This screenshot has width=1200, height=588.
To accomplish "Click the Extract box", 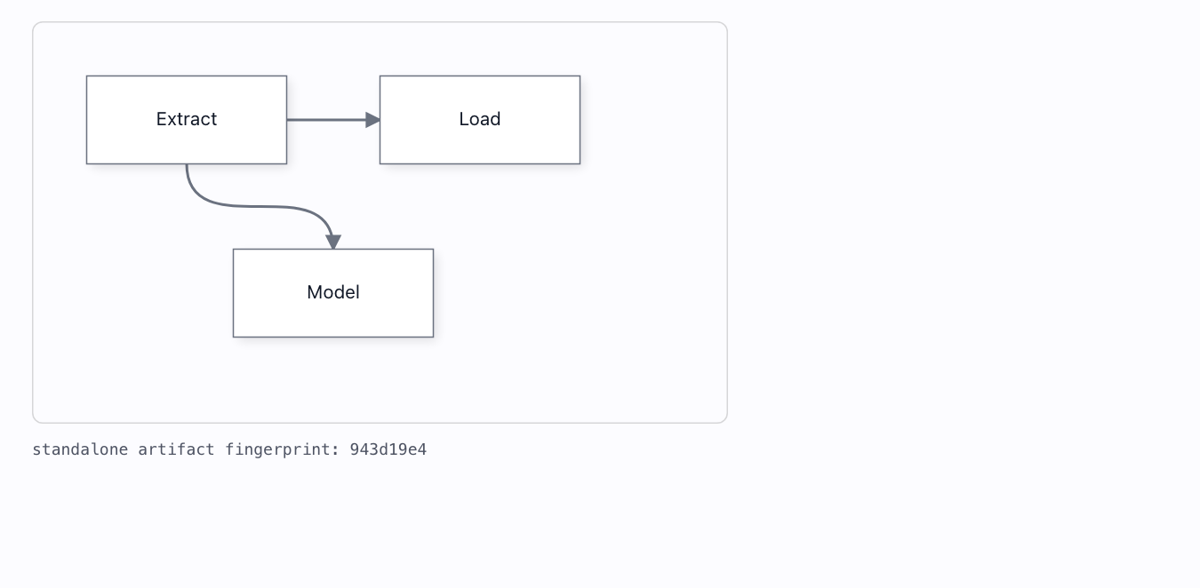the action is coord(187,120).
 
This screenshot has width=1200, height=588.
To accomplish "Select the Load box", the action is coord(480,120).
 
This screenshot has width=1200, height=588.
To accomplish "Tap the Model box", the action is coord(333,293).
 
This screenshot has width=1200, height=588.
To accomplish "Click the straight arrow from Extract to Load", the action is coord(333,120).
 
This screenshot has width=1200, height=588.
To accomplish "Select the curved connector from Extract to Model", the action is coord(257,206).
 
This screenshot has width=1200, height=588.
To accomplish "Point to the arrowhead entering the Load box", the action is coord(372,120).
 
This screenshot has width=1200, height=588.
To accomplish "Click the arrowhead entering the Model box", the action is coord(333,242).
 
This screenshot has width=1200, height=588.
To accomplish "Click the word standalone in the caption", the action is coord(80,449).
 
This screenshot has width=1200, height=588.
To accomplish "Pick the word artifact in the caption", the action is coord(176,449).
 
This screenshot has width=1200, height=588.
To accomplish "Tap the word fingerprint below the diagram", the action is coord(282,450).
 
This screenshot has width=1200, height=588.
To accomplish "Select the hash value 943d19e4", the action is coord(388,449).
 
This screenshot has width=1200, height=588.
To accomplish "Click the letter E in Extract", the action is coord(161,119).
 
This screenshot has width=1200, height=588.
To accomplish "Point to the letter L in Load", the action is coord(463,119).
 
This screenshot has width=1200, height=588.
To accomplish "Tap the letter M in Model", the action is coord(314,292).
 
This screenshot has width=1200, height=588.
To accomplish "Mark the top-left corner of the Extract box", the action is coord(87,76).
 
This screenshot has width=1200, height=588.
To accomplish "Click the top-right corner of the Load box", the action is coord(580,76).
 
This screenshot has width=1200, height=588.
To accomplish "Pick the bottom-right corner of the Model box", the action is coord(434,337).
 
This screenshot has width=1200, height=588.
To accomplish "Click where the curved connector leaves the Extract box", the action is coord(187,164).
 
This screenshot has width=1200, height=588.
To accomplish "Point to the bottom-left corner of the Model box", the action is coord(233,337).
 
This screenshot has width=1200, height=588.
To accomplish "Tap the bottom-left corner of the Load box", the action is coord(380,163).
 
